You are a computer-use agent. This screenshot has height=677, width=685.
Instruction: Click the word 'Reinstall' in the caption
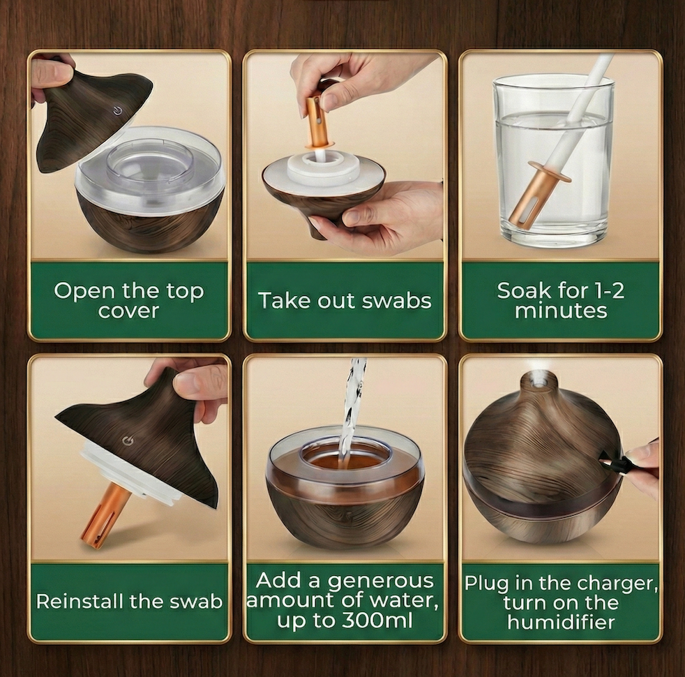82,602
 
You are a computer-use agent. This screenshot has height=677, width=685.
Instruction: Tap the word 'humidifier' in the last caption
562,621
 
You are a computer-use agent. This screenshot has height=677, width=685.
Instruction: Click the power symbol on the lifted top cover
117,111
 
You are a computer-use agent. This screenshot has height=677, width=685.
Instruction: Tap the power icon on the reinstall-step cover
128,440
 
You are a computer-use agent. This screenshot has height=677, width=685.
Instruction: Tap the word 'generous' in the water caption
380,581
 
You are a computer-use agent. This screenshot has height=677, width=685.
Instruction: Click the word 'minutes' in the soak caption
561,311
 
